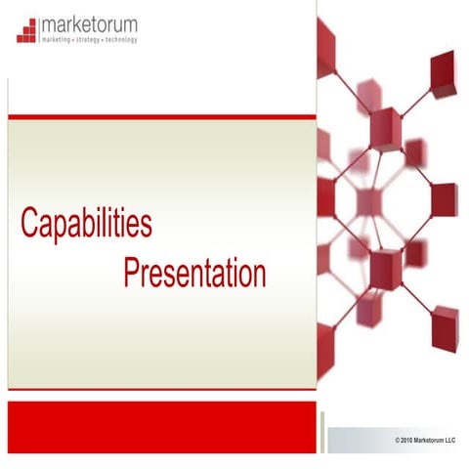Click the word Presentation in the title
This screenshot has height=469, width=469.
[194, 273]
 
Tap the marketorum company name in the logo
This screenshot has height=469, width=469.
[90, 24]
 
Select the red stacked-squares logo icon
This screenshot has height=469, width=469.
[27, 30]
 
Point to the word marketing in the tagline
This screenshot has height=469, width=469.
[58, 40]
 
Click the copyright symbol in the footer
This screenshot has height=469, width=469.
[398, 442]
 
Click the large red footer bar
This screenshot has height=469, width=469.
[161, 427]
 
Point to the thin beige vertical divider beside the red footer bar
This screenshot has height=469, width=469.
[321, 427]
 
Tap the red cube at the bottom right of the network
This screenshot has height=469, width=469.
[445, 325]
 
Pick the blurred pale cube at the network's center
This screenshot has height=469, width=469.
[367, 201]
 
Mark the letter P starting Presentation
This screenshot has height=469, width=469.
[132, 273]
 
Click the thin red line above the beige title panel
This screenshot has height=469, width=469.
[161, 116]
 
